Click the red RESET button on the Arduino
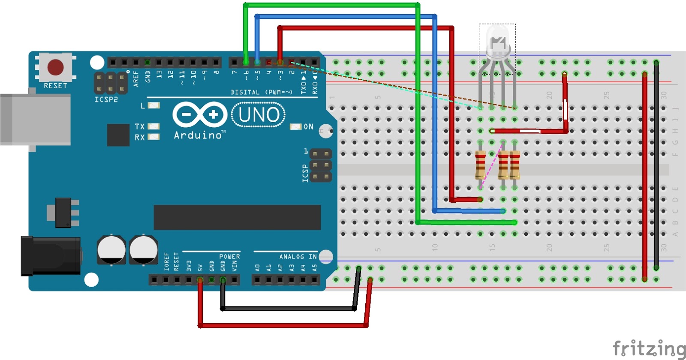[55, 67]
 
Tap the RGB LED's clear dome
[497, 41]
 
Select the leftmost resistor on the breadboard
[480, 165]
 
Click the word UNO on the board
[259, 115]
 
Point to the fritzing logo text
[648, 348]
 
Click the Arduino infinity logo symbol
[199, 114]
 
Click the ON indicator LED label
[308, 127]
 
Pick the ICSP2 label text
[106, 99]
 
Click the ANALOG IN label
[298, 257]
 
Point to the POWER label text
[229, 257]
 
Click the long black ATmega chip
[237, 217]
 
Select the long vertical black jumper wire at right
[656, 165]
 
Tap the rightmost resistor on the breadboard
[514, 165]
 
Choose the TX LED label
[140, 126]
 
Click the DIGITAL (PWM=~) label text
[262, 92]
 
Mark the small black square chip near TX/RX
[118, 135]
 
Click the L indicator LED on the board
[153, 105]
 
